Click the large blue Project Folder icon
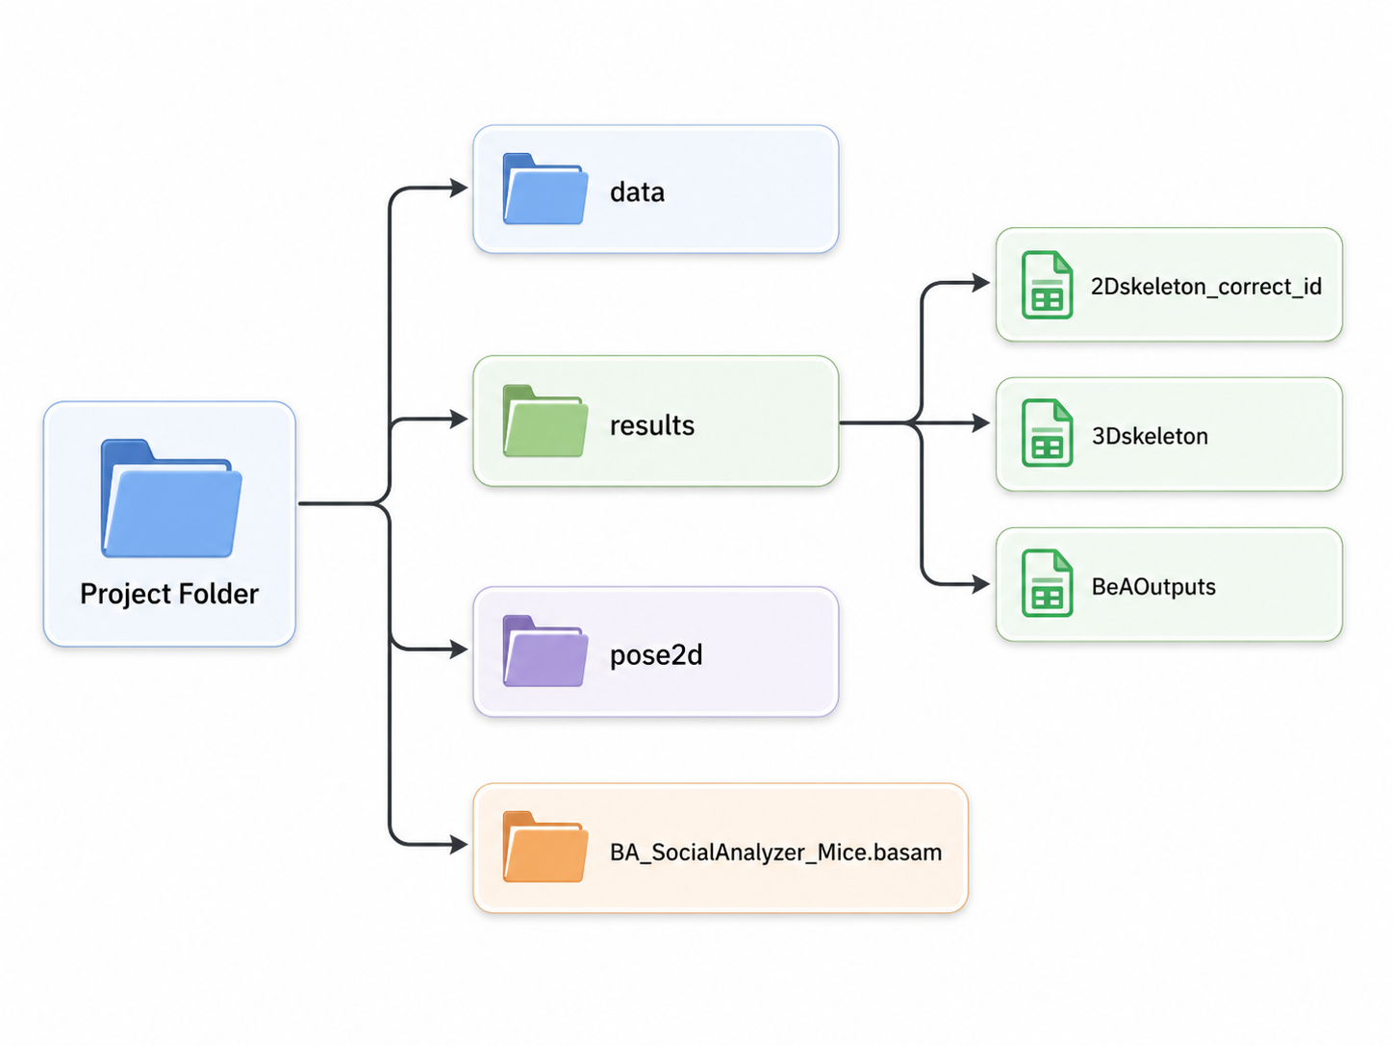point(171,498)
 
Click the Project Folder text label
point(169,594)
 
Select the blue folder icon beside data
point(545,189)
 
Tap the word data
point(637,191)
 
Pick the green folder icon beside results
point(545,421)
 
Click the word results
point(651,425)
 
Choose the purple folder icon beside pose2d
point(545,651)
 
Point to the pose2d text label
point(656,654)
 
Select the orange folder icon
point(545,847)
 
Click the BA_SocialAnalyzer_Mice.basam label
point(775,853)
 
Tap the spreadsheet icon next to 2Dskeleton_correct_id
point(1047,285)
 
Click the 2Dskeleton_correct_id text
point(1205,286)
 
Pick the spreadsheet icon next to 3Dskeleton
point(1047,433)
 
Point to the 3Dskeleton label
point(1150,436)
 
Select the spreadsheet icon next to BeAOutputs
point(1047,582)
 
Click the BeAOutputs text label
point(1153,586)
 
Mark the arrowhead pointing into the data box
point(459,188)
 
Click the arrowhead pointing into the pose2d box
point(459,650)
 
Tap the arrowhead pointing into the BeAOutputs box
point(981,584)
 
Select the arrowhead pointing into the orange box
point(459,845)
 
